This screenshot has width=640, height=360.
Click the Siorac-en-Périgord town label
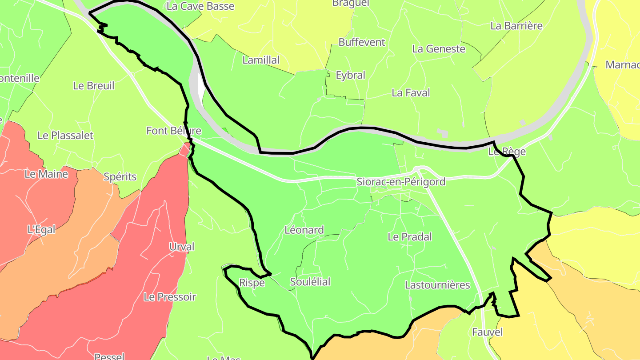tap(401, 182)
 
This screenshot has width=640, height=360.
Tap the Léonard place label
tap(304, 230)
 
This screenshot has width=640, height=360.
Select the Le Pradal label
tap(409, 237)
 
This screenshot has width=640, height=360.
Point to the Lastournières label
tap(437, 285)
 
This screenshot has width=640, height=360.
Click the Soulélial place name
tap(310, 282)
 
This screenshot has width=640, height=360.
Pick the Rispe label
tap(252, 283)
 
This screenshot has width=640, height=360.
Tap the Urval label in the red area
tap(182, 247)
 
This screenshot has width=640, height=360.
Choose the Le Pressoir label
tap(170, 297)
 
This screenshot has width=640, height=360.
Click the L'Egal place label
tap(41, 230)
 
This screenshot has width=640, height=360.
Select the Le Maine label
tap(46, 174)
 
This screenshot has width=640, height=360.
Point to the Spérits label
tap(120, 177)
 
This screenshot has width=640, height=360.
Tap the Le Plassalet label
tap(65, 136)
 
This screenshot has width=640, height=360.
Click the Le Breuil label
tap(93, 86)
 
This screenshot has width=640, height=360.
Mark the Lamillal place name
tap(261, 60)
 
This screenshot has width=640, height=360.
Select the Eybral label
tap(350, 76)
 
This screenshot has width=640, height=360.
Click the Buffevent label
tap(362, 42)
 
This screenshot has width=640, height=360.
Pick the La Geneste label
tap(439, 49)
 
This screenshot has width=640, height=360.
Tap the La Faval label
tap(411, 93)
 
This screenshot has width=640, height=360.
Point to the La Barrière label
tap(516, 26)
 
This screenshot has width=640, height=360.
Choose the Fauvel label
tap(487, 332)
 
